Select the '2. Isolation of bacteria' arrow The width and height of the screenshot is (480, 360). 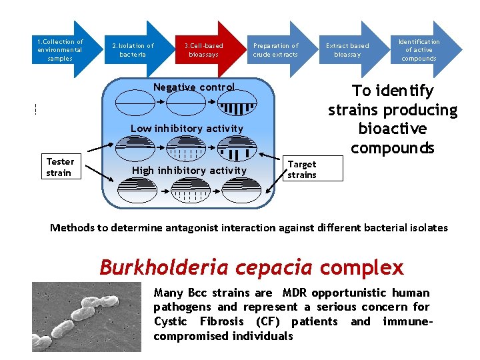coord(134,50)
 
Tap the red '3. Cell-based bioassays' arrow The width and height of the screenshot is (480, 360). coord(205,50)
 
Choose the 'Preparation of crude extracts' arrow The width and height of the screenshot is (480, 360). coord(277,50)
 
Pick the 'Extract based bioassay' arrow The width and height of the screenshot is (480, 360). coord(348,50)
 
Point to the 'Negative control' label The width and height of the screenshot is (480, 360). coord(194,87)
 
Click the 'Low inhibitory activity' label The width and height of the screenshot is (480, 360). coord(187,128)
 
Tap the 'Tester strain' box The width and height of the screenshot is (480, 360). coord(61,167)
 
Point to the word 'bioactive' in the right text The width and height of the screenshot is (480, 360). coord(393,128)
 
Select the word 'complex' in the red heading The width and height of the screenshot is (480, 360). coord(361,268)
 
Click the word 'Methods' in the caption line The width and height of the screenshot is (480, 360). coord(73,228)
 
